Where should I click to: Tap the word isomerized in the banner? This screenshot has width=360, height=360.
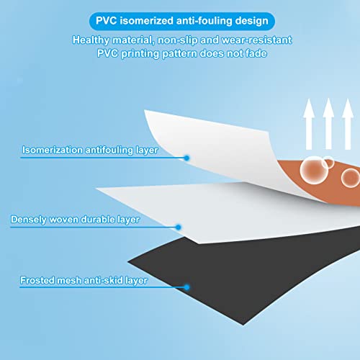(146, 21)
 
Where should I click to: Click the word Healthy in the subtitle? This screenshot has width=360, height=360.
(91, 40)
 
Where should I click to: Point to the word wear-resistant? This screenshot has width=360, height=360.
(256, 40)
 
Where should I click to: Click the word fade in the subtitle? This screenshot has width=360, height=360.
(256, 53)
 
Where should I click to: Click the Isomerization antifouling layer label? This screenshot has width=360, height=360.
(90, 150)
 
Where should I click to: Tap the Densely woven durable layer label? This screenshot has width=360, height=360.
(75, 220)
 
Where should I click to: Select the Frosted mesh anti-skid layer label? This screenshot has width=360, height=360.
(84, 280)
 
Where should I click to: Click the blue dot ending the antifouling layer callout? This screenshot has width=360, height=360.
(186, 158)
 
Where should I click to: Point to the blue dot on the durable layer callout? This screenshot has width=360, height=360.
(179, 227)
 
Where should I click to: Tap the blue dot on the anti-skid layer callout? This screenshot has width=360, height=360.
(186, 287)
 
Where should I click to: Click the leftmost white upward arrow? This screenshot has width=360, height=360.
(309, 124)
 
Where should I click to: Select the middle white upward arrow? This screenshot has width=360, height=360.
(328, 124)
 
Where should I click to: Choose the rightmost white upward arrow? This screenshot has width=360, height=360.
(348, 124)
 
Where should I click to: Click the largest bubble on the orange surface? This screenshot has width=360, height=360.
(313, 170)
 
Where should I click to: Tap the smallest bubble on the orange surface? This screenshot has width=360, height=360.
(328, 162)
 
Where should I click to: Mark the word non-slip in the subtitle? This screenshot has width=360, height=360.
(177, 40)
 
